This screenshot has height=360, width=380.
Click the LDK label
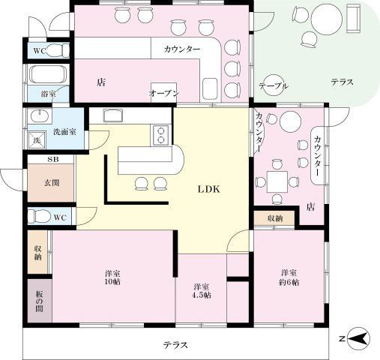(x=208, y=190)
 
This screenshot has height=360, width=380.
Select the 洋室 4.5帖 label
(x=201, y=291)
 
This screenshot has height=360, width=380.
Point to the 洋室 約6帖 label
(x=290, y=277)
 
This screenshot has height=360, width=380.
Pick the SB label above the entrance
(x=52, y=160)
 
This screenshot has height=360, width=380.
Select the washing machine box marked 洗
(x=35, y=140)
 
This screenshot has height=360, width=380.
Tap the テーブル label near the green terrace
(x=273, y=87)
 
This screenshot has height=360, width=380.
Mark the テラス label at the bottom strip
(x=175, y=345)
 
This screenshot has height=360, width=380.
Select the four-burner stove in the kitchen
(x=162, y=135)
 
